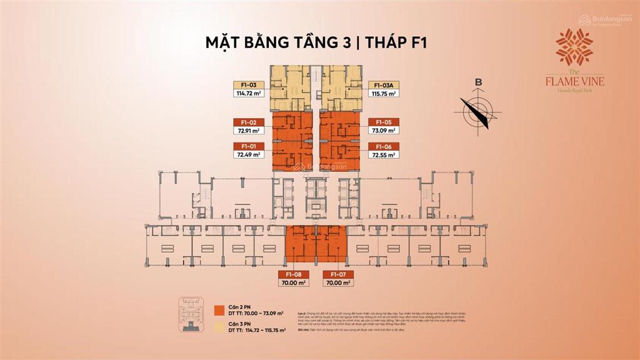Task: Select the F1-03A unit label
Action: click(x=383, y=84)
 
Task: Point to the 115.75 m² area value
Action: click(x=383, y=93)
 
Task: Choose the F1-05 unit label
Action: click(x=383, y=122)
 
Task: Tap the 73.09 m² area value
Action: click(x=383, y=131)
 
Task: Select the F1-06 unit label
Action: click(x=383, y=146)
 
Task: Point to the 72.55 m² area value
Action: click(x=383, y=154)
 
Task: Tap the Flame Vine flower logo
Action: click(x=574, y=47)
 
